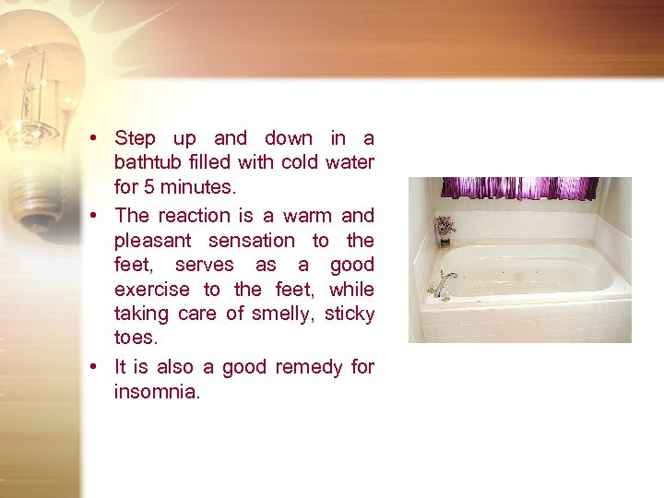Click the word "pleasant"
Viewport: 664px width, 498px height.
153,241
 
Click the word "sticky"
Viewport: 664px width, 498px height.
350,314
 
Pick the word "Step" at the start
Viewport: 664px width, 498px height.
135,139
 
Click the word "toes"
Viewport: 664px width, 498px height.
134,338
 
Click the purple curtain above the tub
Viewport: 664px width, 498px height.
519,188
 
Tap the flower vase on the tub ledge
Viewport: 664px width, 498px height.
445,231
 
